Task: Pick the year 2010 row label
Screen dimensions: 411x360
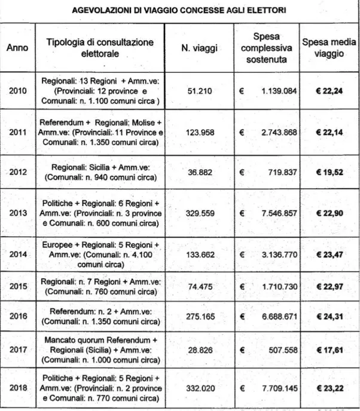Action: [19, 91]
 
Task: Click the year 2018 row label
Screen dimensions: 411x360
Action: [19, 387]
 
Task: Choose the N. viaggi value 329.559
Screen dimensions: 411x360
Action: [197, 213]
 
